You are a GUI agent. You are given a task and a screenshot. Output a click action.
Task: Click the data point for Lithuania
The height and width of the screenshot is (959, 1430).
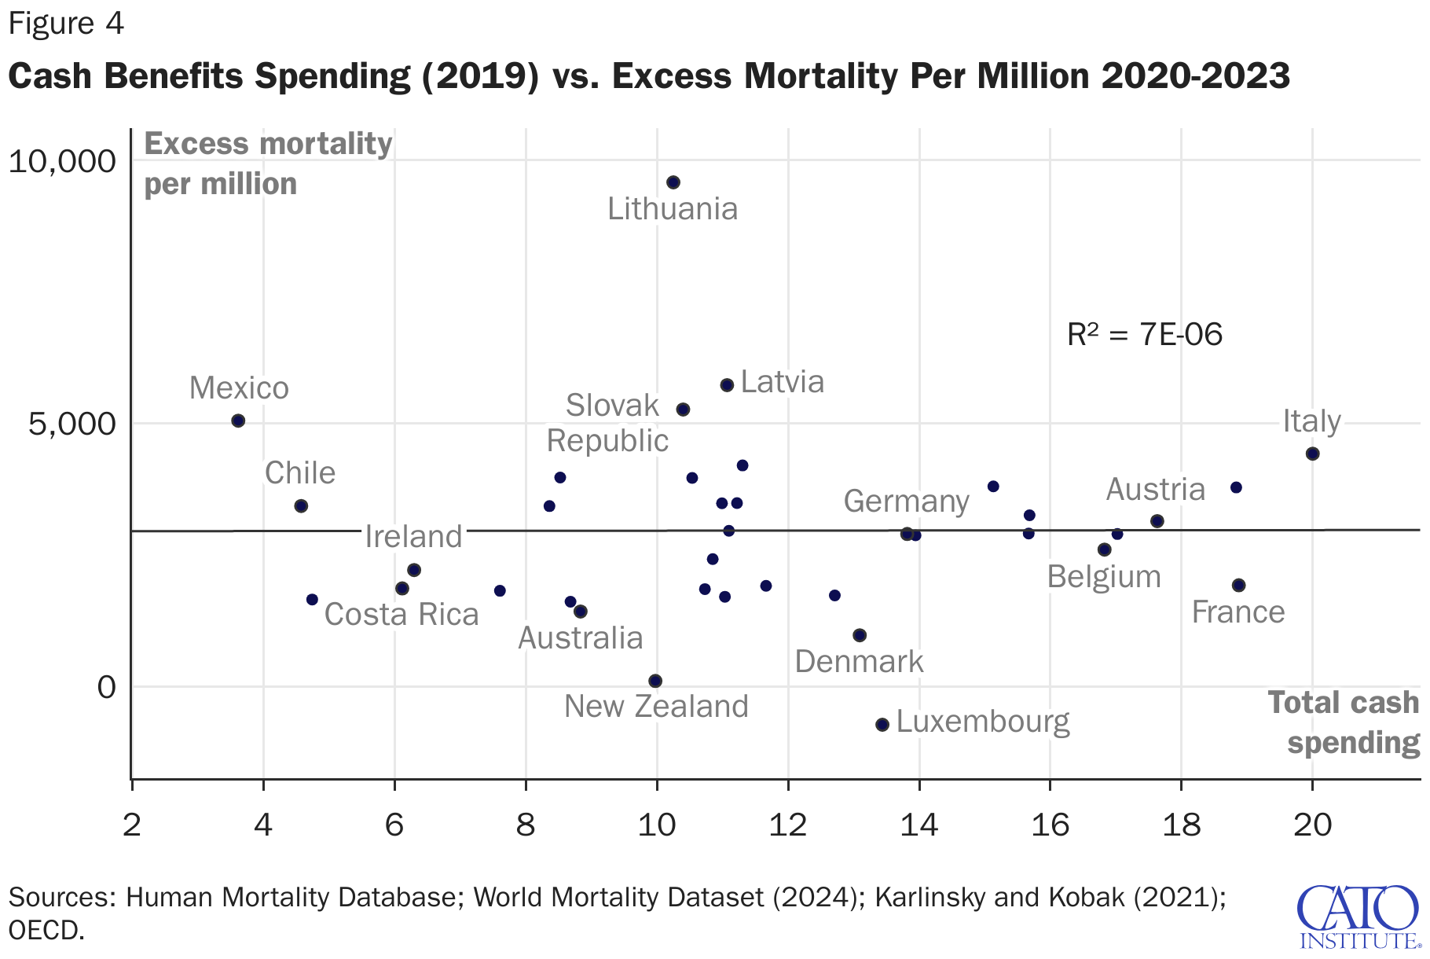(x=673, y=182)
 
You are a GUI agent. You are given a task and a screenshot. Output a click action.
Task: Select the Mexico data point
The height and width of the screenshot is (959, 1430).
(x=238, y=421)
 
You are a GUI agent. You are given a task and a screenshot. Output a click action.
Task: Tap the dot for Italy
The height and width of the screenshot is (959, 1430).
(x=1312, y=454)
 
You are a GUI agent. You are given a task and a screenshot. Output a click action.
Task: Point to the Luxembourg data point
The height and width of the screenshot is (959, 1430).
(x=882, y=724)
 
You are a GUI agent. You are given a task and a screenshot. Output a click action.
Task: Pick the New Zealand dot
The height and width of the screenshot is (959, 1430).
(x=655, y=681)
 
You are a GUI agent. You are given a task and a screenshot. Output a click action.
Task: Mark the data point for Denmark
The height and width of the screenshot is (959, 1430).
(x=860, y=635)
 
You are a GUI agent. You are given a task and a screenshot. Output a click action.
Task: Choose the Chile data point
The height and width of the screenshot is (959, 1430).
(x=301, y=505)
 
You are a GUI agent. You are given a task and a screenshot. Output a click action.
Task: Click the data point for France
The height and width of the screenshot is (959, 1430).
(x=1238, y=585)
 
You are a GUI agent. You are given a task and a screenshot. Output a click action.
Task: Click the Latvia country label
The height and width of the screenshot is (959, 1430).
(x=783, y=382)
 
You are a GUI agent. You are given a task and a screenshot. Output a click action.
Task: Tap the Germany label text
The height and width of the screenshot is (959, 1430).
(x=906, y=501)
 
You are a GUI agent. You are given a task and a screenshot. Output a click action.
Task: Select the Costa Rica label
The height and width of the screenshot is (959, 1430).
(x=401, y=615)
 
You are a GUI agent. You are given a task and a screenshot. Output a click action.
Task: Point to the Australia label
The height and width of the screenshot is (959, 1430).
(x=581, y=638)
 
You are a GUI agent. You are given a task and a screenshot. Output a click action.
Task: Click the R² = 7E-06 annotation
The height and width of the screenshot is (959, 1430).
(x=1144, y=335)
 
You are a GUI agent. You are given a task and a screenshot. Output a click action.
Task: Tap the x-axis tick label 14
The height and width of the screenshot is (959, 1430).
(x=918, y=825)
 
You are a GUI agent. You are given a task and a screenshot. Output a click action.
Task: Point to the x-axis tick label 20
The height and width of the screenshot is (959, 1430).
(x=1312, y=825)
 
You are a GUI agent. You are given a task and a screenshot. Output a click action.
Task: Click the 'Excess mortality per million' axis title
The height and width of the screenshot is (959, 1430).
(x=268, y=164)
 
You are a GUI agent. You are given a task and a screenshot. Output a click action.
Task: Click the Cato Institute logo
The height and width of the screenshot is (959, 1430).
(x=1358, y=917)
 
